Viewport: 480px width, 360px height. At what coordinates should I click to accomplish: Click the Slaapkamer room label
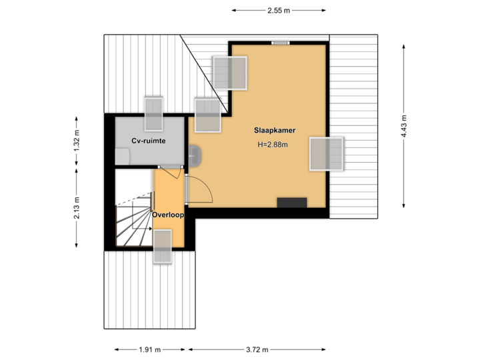[275, 130]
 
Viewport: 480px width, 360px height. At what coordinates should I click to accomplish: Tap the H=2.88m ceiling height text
[274, 145]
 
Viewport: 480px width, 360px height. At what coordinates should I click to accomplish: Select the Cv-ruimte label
[148, 141]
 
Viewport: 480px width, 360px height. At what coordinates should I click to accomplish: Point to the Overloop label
[167, 215]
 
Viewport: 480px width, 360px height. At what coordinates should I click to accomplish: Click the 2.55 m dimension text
[278, 10]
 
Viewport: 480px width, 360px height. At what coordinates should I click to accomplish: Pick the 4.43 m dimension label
[404, 127]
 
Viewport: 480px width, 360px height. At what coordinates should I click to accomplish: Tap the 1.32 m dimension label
[77, 141]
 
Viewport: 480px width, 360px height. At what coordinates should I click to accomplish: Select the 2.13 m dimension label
[77, 208]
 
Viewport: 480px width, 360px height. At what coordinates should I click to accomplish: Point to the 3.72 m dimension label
[257, 349]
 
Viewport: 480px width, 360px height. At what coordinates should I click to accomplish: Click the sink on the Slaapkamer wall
[193, 156]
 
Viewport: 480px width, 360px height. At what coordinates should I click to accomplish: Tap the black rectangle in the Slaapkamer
[292, 203]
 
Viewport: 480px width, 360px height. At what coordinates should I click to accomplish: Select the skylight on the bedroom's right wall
[327, 154]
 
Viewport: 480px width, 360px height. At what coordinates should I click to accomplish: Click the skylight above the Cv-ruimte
[154, 114]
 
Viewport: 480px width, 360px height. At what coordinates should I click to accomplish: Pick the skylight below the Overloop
[163, 247]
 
